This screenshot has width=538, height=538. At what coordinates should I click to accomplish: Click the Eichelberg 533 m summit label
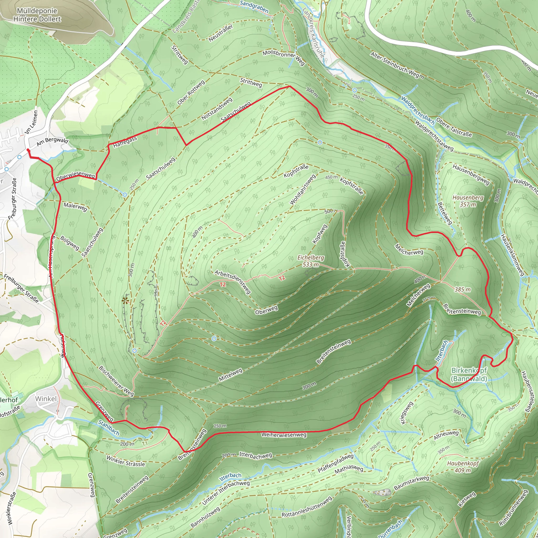(311, 261)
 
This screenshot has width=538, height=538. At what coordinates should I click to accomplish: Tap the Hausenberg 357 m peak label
(468, 201)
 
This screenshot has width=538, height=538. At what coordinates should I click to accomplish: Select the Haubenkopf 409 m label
(463, 467)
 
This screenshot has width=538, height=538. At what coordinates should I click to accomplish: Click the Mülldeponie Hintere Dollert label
(37, 15)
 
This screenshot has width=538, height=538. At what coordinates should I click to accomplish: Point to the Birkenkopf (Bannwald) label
(469, 374)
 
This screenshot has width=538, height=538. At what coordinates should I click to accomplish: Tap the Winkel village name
(46, 399)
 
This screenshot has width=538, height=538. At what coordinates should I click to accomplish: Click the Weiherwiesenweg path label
(284, 435)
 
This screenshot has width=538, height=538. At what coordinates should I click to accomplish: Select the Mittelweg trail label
(230, 375)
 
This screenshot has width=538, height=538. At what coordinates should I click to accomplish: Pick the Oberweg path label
(266, 310)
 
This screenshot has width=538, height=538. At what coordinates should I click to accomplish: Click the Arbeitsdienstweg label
(233, 282)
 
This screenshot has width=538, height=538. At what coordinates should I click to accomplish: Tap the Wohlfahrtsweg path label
(303, 189)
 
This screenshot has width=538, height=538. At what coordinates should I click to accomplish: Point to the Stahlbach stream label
(109, 428)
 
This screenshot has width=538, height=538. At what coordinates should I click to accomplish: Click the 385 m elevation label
(463, 289)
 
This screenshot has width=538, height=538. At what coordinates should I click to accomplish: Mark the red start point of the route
(28, 150)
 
